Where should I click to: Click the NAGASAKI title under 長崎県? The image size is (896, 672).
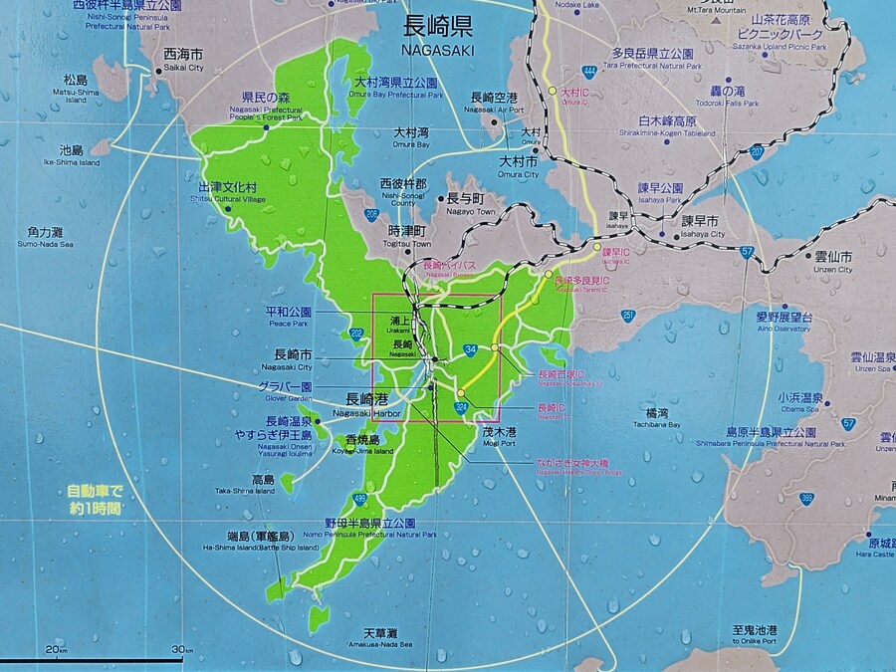[438, 49]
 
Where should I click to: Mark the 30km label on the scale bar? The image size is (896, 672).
[180, 650]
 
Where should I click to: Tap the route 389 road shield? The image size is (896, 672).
[806, 499]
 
